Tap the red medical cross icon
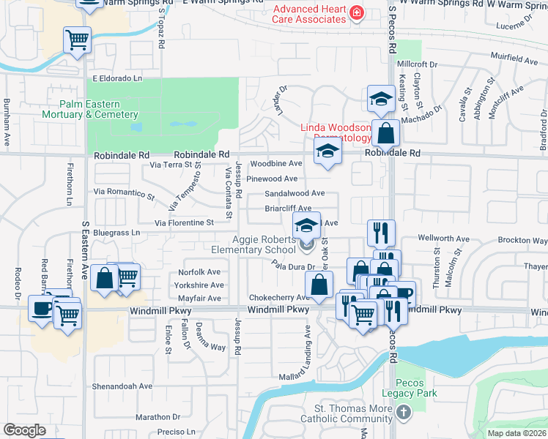[x=356, y=12]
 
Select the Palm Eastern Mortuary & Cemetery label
[x=89, y=109]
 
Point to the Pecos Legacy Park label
[x=415, y=388]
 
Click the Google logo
[x=24, y=430]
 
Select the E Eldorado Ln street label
[x=116, y=78]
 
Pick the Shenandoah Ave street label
[x=122, y=386]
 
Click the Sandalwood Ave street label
[x=295, y=193]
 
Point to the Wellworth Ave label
[x=443, y=239]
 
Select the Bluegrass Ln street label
[x=116, y=233]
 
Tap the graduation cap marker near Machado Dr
[x=380, y=99]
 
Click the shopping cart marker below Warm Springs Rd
[x=77, y=40]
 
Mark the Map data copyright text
[x=516, y=433]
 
